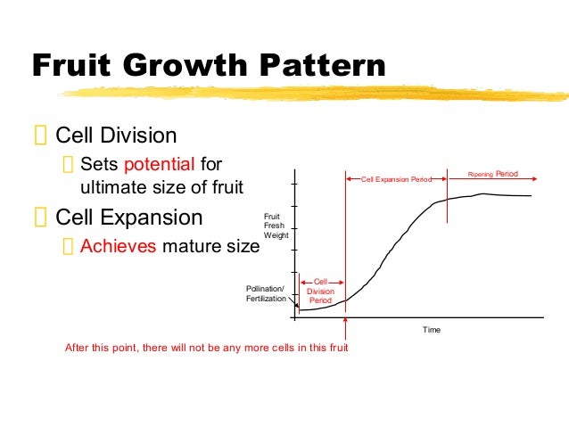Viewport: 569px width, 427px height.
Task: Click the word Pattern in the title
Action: [316, 66]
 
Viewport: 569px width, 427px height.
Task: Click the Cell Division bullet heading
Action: [116, 135]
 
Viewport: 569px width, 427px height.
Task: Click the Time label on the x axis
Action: [432, 330]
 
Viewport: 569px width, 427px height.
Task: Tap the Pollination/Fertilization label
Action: [266, 294]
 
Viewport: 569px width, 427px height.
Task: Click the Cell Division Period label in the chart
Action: [320, 292]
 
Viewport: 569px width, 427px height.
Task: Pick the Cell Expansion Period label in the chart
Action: [396, 179]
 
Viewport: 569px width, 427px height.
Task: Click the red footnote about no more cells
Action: [206, 347]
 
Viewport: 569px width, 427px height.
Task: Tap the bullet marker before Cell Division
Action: [39, 136]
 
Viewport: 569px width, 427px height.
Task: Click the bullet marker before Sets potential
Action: [69, 165]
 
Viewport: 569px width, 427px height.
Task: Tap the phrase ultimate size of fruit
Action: [161, 187]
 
